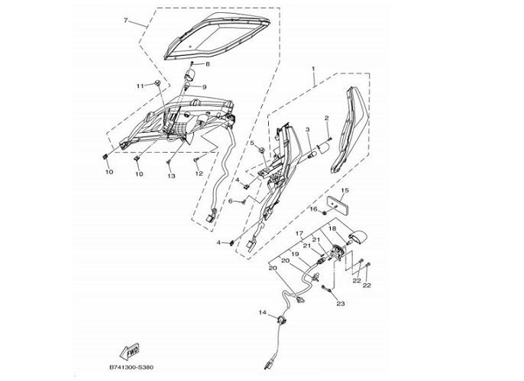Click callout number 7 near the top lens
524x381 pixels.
126,21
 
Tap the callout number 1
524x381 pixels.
313,69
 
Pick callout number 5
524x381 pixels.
251,143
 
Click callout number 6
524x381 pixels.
230,201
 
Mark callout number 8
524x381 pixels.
206,64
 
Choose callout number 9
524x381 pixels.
204,87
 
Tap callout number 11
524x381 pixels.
140,86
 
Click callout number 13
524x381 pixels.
171,176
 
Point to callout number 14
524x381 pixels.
262,313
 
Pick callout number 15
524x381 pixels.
345,190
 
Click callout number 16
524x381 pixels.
312,208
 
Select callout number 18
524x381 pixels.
332,228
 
